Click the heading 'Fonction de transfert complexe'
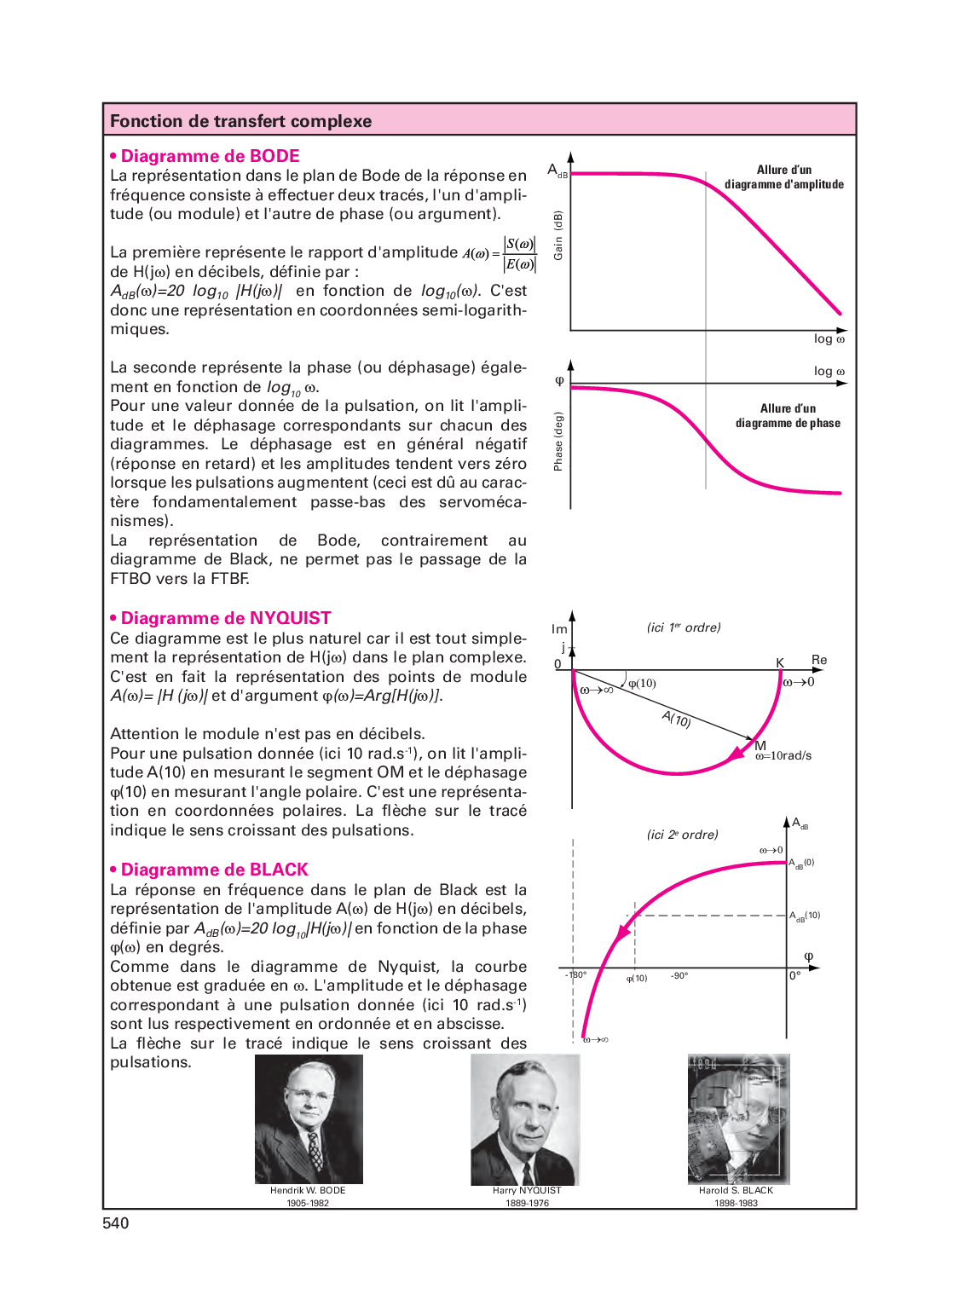240,121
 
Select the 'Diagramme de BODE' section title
210,156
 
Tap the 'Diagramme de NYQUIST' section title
225,618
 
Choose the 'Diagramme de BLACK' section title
214,870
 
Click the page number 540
115,1223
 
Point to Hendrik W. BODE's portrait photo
309,1118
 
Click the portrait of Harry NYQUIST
525,1118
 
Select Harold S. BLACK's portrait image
738,1118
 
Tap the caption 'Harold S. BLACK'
736,1190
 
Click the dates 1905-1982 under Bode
308,1203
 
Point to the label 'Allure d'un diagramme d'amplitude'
784,176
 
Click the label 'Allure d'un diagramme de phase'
788,415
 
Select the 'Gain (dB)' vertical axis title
558,235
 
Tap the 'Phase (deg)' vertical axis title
558,442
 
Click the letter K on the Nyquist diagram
779,662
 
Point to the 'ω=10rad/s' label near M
783,755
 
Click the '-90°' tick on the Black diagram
679,975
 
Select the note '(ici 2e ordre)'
682,835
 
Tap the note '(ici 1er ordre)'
684,627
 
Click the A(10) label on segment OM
677,719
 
